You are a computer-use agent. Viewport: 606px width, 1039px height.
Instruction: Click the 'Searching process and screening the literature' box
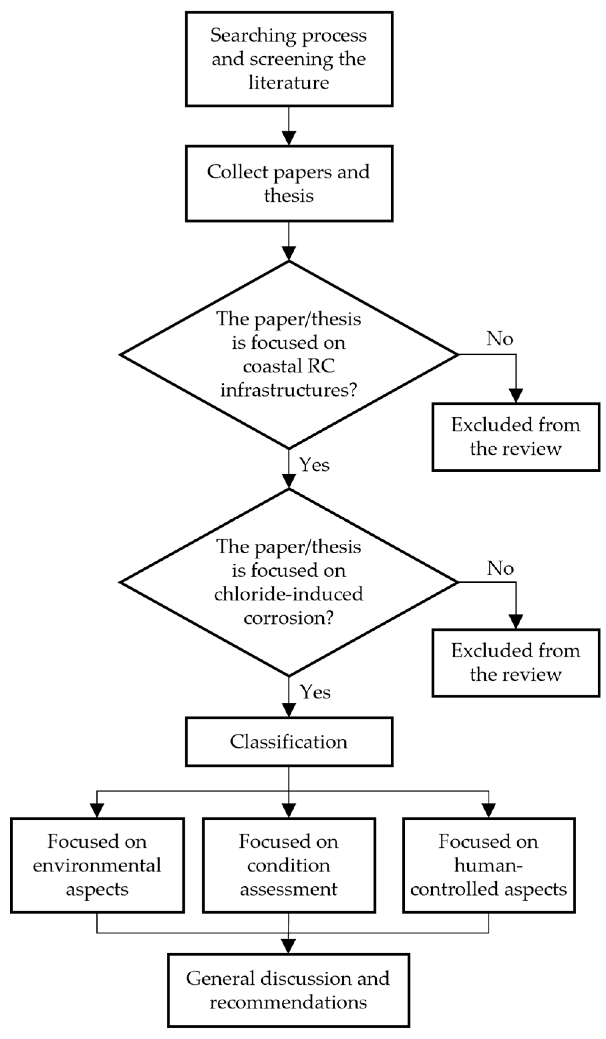[288, 59]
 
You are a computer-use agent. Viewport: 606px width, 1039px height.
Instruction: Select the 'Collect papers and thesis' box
[288, 184]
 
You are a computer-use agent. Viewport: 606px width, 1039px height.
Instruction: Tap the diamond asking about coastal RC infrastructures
[288, 355]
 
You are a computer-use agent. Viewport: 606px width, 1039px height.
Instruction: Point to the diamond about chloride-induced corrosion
[288, 582]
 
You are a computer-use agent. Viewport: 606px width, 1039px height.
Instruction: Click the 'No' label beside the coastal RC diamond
[500, 339]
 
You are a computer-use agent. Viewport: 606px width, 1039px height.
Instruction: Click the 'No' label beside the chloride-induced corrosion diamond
[500, 568]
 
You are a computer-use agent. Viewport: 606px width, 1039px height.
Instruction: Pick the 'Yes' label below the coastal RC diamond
[315, 465]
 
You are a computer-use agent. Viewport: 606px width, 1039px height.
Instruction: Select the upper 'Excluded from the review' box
[516, 437]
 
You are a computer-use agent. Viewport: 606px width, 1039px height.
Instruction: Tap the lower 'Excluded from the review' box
[516, 663]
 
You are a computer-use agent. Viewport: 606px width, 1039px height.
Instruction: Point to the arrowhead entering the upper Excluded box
[516, 396]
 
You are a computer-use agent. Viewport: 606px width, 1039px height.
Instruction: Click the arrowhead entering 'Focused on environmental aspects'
[97, 811]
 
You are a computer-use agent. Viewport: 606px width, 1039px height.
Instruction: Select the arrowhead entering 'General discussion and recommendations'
[288, 946]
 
